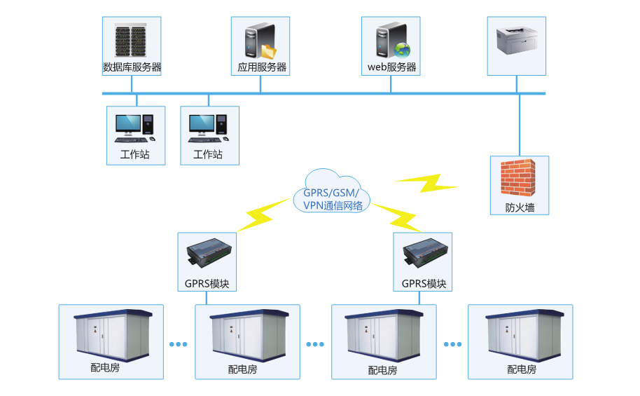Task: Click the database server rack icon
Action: tap(132, 39)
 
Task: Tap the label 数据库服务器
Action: tap(132, 68)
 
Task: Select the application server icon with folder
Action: tap(260, 41)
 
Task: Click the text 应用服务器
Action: tap(260, 68)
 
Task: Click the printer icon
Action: tap(517, 42)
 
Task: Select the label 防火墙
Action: tap(520, 208)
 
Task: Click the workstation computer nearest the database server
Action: tap(135, 127)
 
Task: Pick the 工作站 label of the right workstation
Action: tap(209, 155)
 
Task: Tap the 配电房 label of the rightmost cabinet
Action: tap(521, 369)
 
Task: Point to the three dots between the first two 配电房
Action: tap(179, 344)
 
